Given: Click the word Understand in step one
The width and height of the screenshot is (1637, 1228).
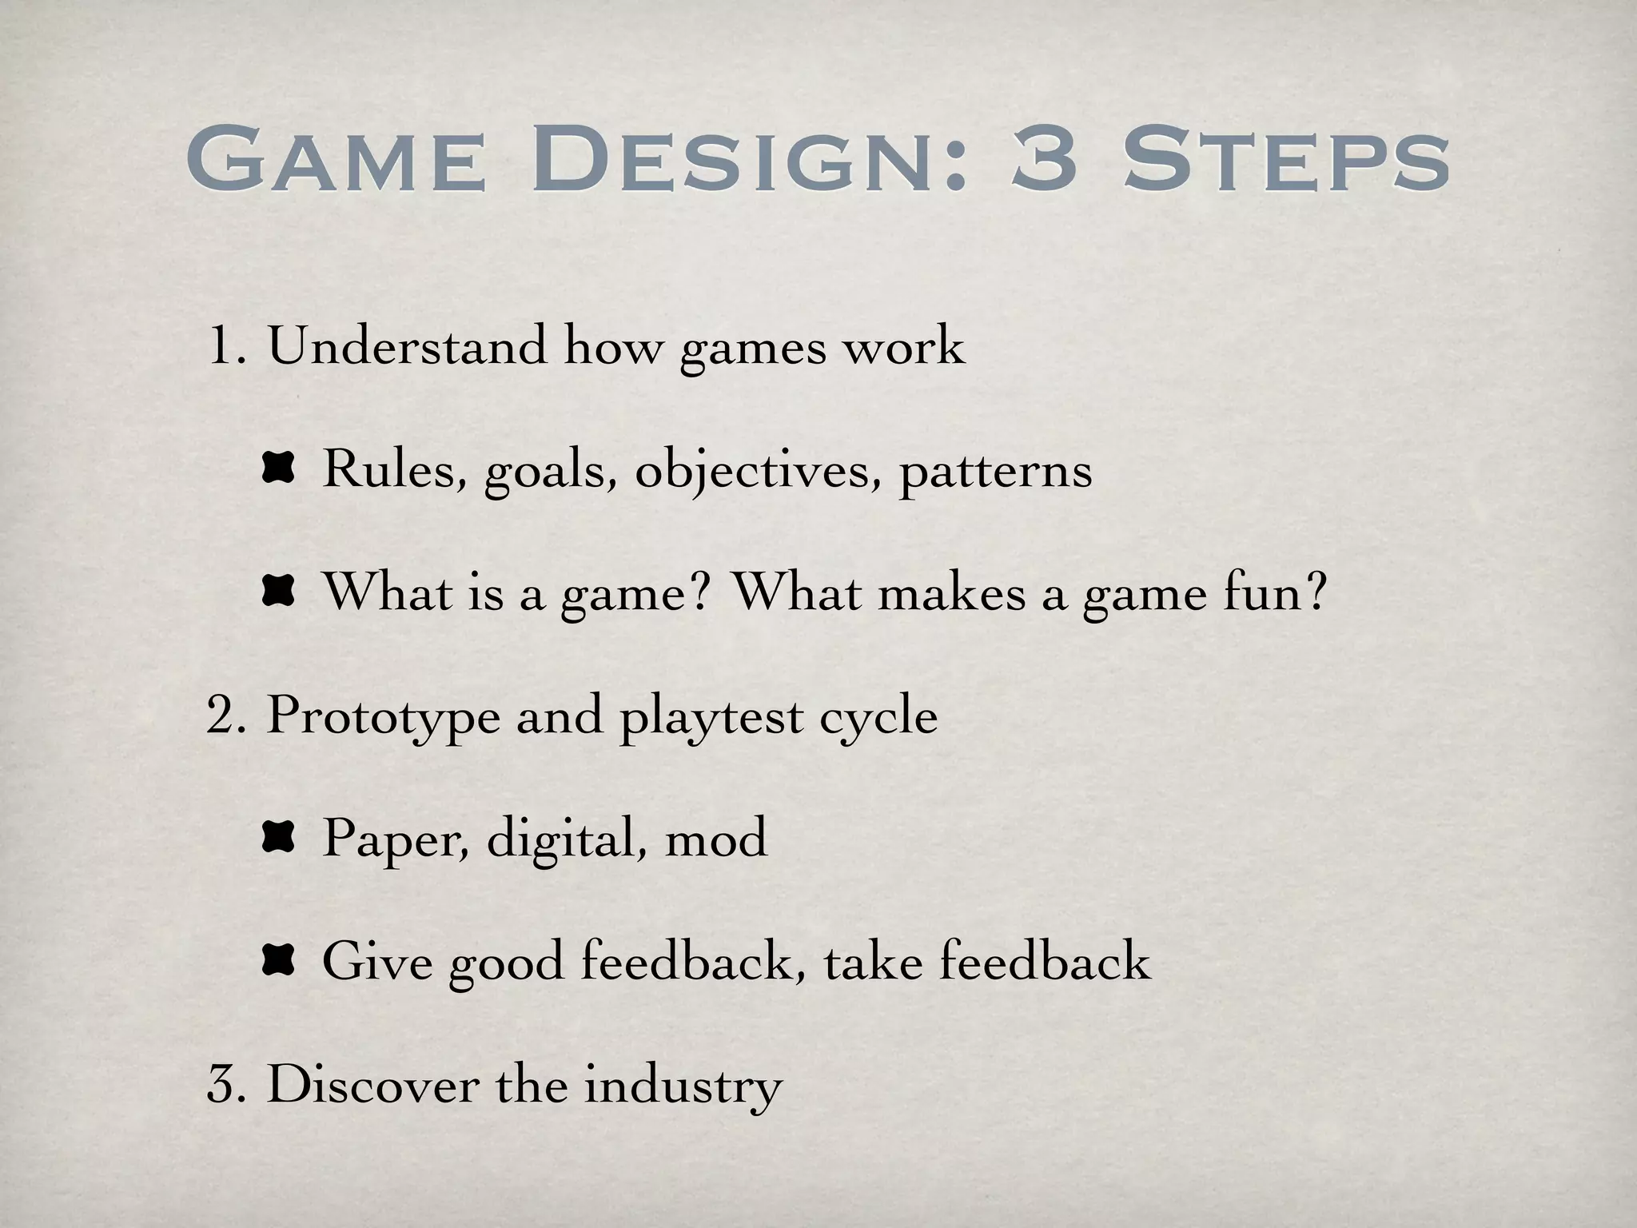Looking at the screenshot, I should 407,345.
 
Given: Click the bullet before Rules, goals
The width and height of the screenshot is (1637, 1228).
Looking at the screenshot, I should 278,468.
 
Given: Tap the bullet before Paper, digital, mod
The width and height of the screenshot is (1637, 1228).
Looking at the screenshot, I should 278,837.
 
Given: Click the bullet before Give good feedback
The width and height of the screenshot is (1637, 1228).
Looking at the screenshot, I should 278,960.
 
